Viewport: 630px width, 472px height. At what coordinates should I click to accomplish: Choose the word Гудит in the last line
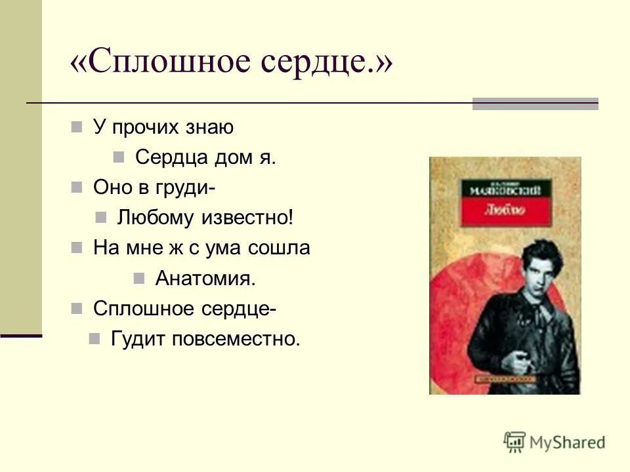(x=138, y=339)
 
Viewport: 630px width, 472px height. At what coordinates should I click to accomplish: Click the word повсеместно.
(x=236, y=339)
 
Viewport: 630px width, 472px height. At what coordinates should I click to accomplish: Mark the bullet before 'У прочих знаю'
(x=77, y=127)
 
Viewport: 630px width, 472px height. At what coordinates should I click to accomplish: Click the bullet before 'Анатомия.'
(x=138, y=278)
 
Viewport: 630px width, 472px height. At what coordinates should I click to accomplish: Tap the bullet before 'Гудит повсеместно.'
(x=94, y=338)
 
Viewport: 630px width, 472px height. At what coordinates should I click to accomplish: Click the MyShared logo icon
(x=514, y=442)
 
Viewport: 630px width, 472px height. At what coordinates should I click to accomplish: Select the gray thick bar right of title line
(x=535, y=104)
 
